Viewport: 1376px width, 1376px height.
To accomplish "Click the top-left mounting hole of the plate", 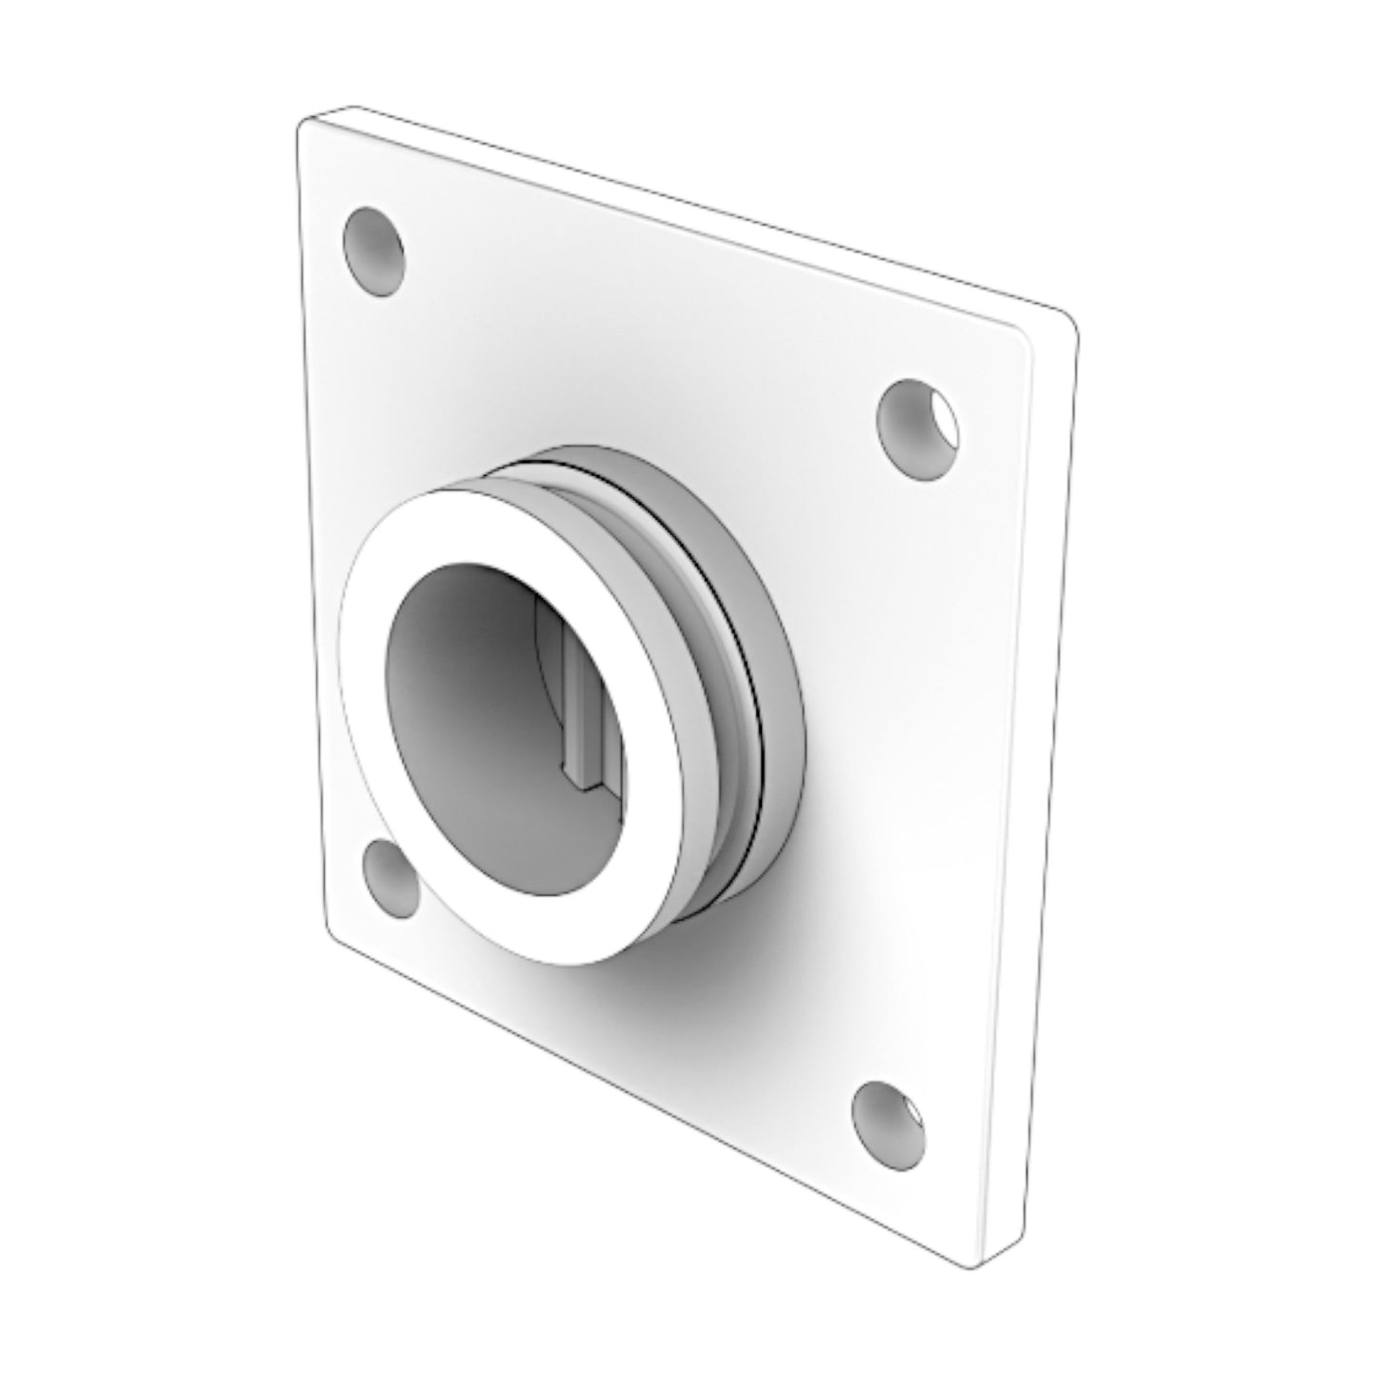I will [372, 250].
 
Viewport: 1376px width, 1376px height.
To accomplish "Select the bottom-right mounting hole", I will [888, 1127].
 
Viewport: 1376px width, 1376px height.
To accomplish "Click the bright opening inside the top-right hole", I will [942, 419].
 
